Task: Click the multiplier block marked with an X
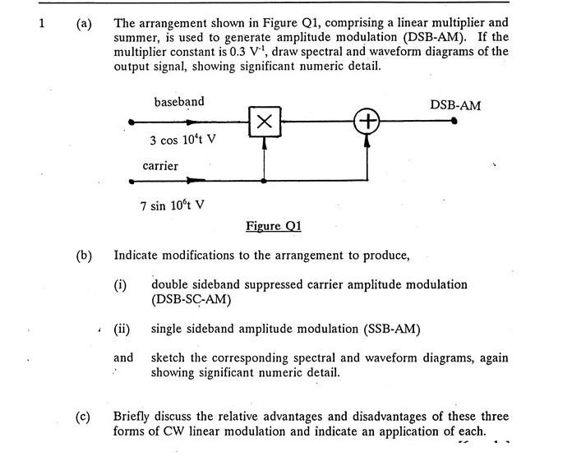click(264, 121)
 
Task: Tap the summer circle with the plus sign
click(367, 122)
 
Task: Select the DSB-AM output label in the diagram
click(455, 105)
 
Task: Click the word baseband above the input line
click(179, 102)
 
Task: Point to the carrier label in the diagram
click(160, 166)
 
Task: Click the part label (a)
click(84, 23)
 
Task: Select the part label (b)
click(84, 256)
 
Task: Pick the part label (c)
click(84, 417)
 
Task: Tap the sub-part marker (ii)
click(122, 330)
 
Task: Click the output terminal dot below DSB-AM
click(454, 122)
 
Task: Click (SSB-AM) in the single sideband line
click(390, 330)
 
